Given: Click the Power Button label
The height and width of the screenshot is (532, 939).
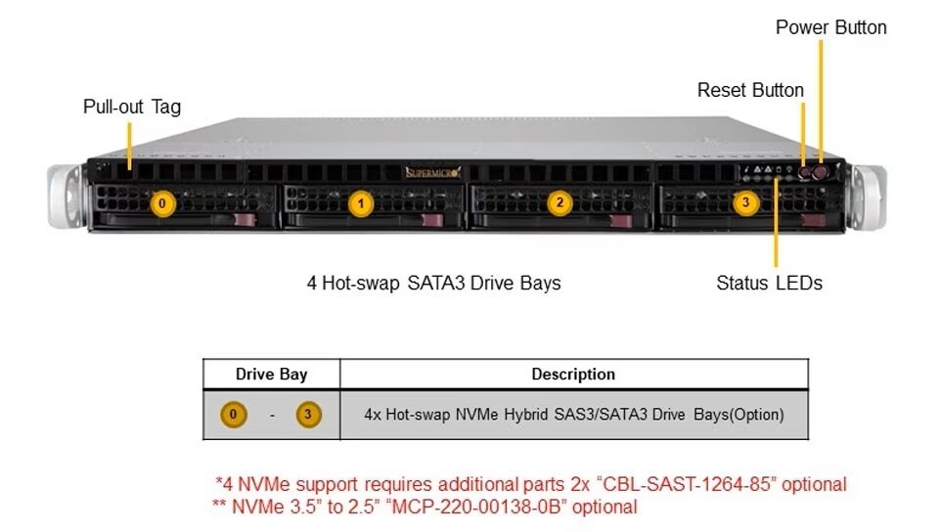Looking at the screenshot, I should point(830,27).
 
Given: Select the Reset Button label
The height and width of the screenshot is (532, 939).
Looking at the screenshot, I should point(750,90).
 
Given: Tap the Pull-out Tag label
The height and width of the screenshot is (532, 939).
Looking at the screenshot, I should point(132,107).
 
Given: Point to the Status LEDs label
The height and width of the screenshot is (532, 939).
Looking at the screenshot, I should point(769,284).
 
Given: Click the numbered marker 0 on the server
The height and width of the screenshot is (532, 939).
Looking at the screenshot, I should point(162,204).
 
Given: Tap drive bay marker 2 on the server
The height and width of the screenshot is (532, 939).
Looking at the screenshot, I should point(559,203).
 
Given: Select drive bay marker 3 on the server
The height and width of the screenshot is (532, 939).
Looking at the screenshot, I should point(746,202).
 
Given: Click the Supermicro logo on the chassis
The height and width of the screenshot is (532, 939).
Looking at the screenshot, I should point(433,173).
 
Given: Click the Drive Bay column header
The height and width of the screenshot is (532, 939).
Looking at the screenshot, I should point(271,375).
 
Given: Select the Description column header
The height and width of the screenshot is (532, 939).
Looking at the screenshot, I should point(573,375).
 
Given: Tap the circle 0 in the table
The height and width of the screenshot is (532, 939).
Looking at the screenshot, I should point(232,415).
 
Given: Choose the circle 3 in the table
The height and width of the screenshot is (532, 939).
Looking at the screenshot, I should point(307,415).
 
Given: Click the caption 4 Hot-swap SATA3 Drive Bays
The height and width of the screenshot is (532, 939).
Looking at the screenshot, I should point(433,284).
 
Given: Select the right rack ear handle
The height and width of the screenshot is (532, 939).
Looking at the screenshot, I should point(868,197).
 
